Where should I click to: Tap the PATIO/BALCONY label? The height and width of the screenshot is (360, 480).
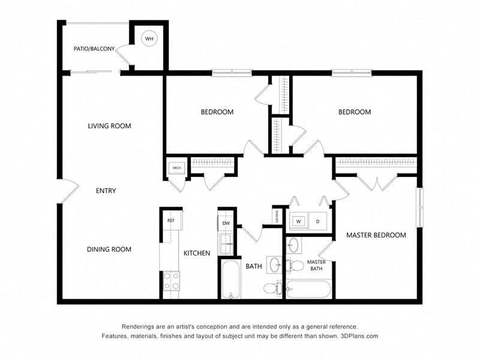(94, 49)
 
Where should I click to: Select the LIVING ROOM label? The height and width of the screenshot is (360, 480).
(109, 126)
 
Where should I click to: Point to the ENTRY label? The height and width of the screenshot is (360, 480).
(106, 191)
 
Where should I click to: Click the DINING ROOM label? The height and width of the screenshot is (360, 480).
(109, 250)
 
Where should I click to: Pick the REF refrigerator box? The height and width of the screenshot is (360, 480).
(171, 221)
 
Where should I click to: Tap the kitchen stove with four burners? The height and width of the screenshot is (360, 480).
(171, 281)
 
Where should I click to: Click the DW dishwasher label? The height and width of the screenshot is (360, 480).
(226, 223)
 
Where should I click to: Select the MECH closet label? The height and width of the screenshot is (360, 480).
(177, 168)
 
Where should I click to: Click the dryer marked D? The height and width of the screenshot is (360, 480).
(318, 221)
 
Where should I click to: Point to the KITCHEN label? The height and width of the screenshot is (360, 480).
(197, 253)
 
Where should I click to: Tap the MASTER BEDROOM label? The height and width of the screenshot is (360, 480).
(376, 235)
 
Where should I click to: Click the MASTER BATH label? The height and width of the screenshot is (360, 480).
(316, 265)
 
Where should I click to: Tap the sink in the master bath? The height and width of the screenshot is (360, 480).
(293, 245)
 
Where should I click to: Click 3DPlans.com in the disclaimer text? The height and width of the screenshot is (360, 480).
(359, 336)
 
